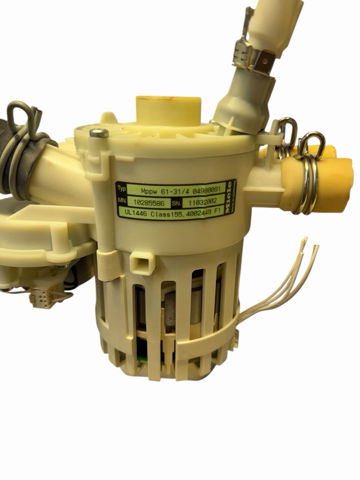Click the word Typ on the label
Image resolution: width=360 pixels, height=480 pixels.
[121, 189]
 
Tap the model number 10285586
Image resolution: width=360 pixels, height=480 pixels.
[149, 203]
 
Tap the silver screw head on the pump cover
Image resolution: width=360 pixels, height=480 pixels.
[99, 132]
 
